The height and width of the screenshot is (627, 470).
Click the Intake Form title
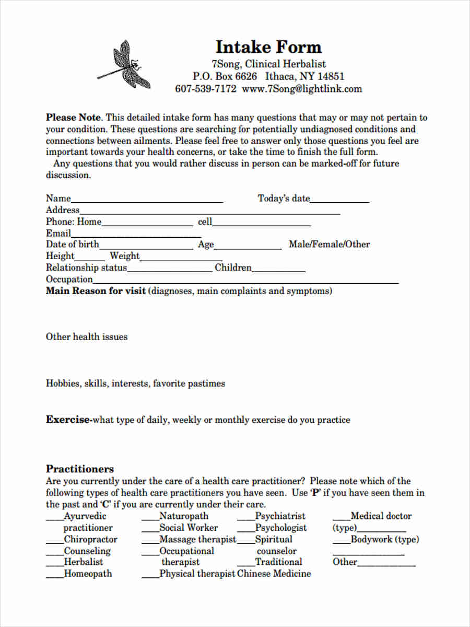tap(268, 47)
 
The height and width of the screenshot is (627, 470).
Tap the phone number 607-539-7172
tap(206, 89)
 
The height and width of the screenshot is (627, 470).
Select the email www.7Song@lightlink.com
tap(302, 89)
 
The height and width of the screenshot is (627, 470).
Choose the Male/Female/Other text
tap(329, 244)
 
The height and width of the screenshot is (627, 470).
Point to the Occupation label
tap(69, 280)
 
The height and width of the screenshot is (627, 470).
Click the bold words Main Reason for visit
tap(96, 291)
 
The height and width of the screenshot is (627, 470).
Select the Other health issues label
tap(87, 337)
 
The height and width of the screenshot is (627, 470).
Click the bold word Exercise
tap(68, 420)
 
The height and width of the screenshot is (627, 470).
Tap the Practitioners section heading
tap(80, 469)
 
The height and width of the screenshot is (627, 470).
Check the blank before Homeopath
tap(54, 576)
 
